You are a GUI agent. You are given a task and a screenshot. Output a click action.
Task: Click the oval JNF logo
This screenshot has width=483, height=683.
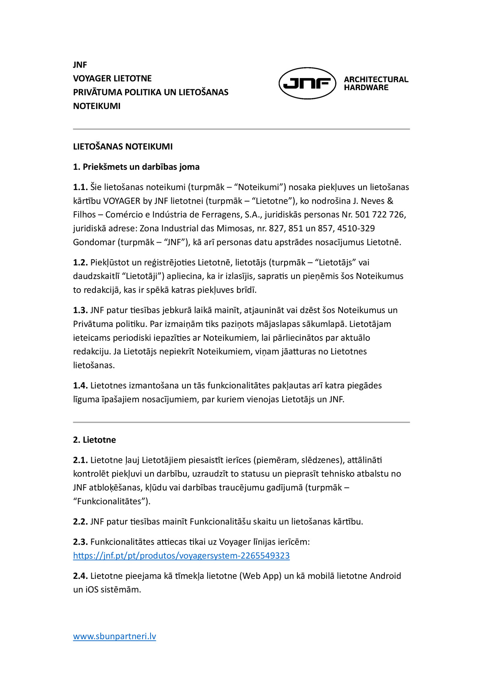pyautogui.click(x=307, y=83)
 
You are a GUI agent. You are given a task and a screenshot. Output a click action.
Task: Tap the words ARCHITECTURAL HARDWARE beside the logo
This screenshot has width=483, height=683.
pyautogui.click(x=376, y=83)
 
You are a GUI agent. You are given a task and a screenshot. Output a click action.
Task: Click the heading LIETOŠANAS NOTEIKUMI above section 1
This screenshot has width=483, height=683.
pyautogui.click(x=123, y=147)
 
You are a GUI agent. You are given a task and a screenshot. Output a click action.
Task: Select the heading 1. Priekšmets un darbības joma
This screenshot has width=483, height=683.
pyautogui.click(x=136, y=167)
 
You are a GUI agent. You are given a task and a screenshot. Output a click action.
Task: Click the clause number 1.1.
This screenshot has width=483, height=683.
pyautogui.click(x=80, y=187)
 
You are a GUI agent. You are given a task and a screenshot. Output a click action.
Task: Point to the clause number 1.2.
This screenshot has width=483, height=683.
pyautogui.click(x=80, y=262)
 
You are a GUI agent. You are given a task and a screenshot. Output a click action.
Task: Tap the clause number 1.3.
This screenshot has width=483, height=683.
pyautogui.click(x=80, y=310)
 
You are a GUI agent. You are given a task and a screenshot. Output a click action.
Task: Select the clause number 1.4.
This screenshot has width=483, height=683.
pyautogui.click(x=80, y=386)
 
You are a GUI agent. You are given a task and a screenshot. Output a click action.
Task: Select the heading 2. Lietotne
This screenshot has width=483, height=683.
pyautogui.click(x=94, y=440)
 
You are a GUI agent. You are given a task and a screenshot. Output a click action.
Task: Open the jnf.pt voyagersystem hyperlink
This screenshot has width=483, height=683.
pyautogui.click(x=181, y=556)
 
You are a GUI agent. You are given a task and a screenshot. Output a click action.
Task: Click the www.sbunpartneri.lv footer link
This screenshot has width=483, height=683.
pyautogui.click(x=114, y=636)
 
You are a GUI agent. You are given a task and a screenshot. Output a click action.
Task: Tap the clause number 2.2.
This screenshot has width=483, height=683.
pyautogui.click(x=80, y=522)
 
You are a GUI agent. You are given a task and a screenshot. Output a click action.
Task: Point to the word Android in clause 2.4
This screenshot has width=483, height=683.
pyautogui.click(x=380, y=576)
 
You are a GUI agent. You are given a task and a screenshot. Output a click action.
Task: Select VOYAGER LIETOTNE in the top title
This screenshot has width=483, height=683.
pyautogui.click(x=112, y=78)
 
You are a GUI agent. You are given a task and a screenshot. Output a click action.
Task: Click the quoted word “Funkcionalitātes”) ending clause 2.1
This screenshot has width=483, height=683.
pyautogui.click(x=111, y=501)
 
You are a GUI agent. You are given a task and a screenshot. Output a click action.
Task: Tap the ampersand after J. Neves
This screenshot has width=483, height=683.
pyautogui.click(x=390, y=201)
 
